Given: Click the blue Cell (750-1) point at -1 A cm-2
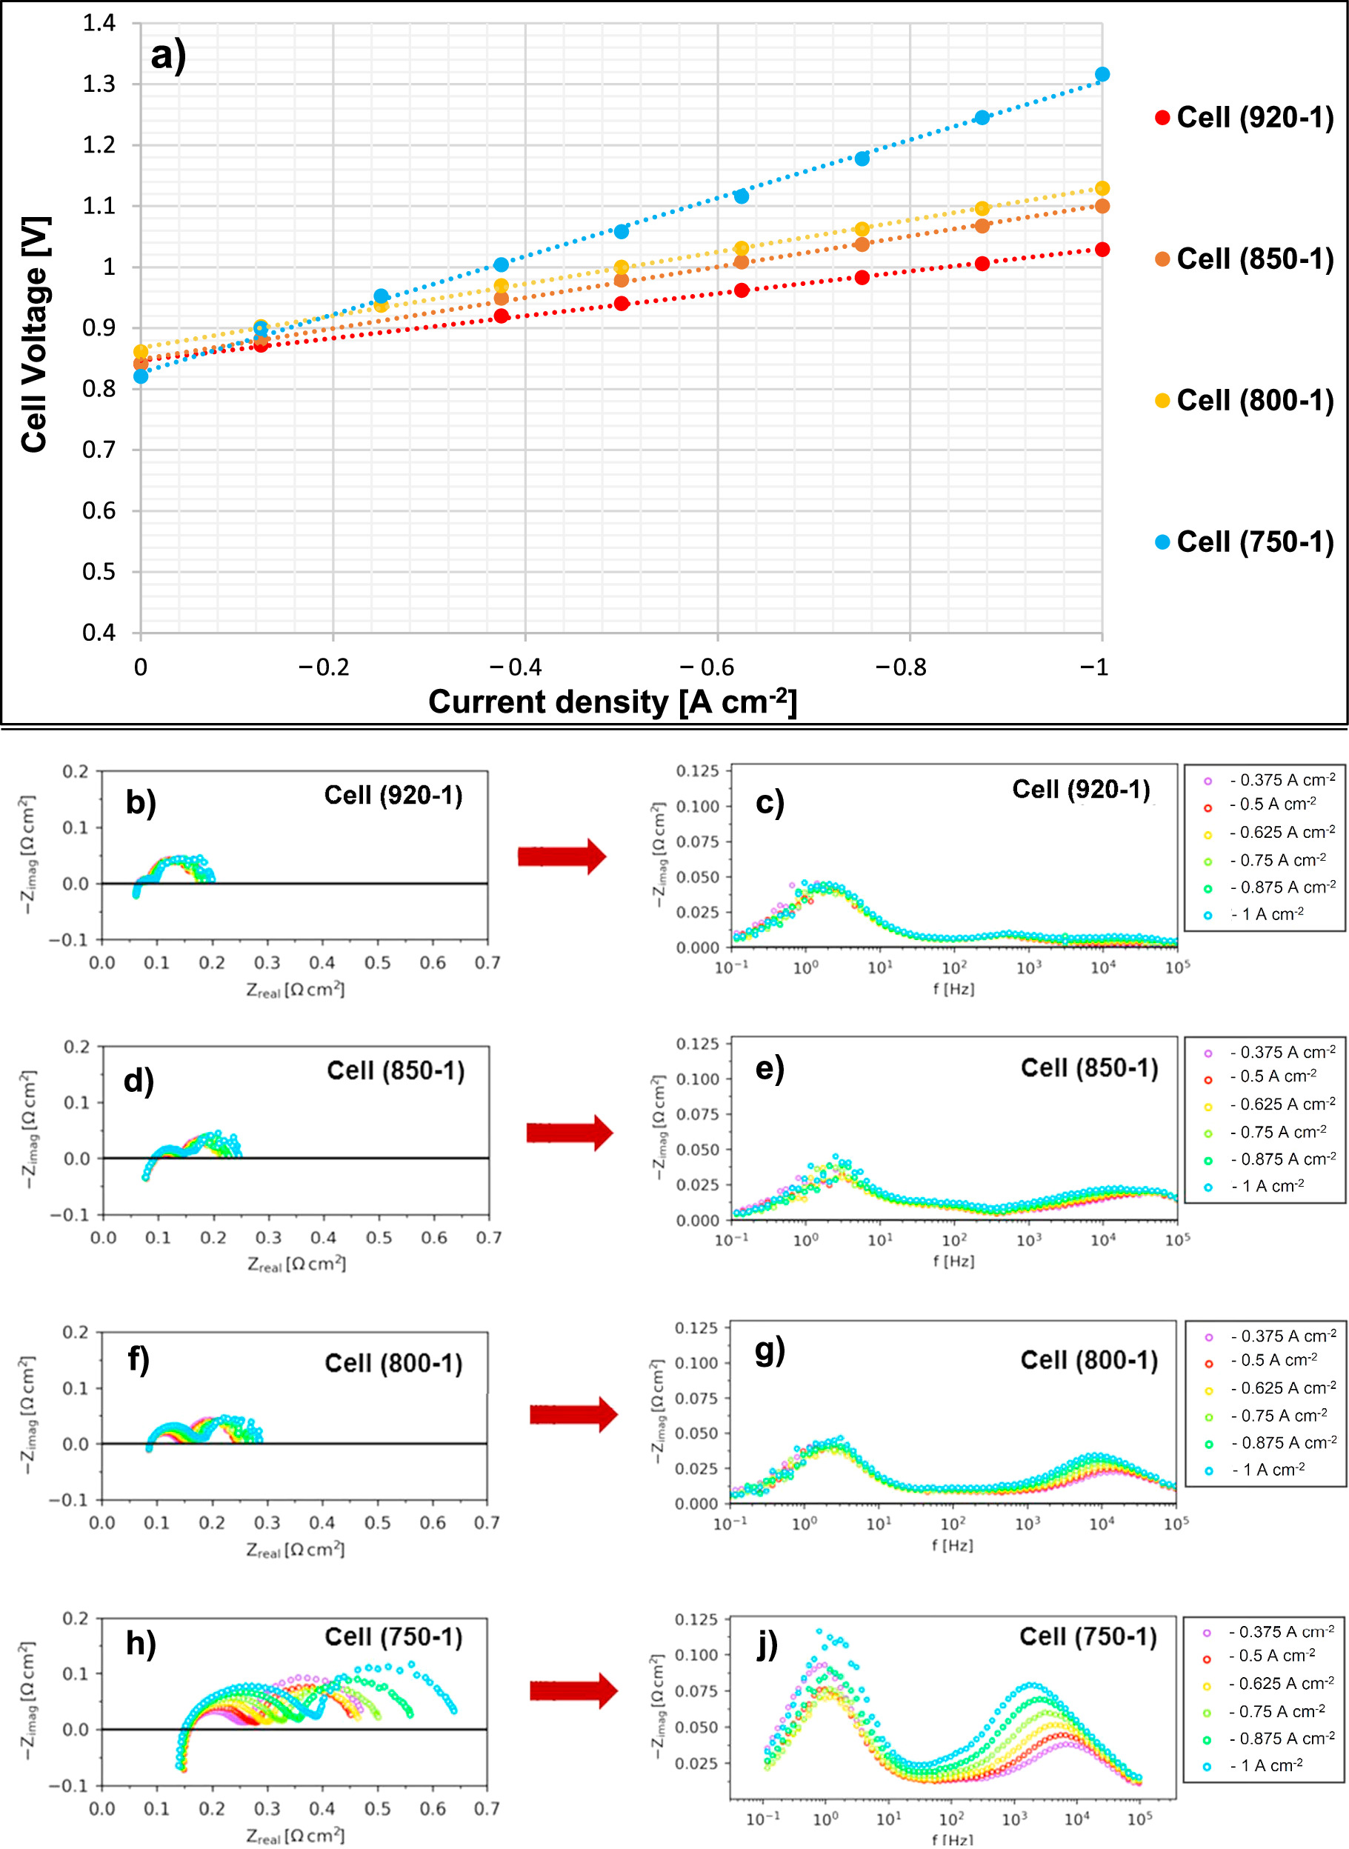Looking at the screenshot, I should (1102, 74).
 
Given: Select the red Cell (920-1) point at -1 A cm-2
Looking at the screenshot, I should (1102, 250).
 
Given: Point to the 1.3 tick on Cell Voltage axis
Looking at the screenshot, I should (99, 84).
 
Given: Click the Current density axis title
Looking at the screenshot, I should (612, 702).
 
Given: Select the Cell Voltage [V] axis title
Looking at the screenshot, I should (35, 335).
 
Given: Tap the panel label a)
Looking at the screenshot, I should (169, 56).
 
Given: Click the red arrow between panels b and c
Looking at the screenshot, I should (562, 856).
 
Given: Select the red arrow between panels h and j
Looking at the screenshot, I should (573, 1691).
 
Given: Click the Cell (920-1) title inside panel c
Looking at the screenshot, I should (1080, 790).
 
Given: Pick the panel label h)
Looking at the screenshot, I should (141, 1643).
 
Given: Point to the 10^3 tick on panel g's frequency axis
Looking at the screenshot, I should (1027, 1523).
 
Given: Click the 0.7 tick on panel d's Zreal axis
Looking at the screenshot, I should (488, 1238).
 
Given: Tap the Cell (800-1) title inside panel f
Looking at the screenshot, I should (393, 1363).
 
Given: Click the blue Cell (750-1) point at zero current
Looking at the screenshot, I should (141, 376).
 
